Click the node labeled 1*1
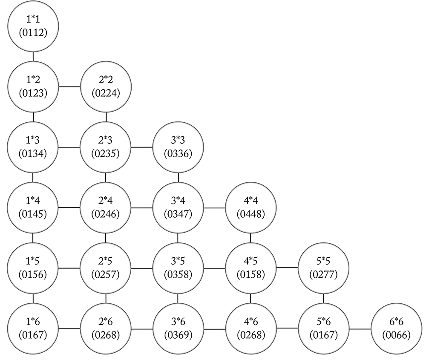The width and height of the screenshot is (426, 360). (x=33, y=26)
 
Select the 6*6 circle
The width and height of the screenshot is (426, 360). (x=396, y=329)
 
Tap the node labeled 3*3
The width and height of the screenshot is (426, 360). (x=178, y=147)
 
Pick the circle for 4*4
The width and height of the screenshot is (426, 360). (x=251, y=208)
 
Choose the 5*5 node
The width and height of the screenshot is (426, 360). (x=323, y=268)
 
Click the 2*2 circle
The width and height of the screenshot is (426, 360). (x=106, y=86)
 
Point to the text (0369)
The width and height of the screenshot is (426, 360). (x=178, y=335)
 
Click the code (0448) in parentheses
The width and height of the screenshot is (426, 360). (x=251, y=214)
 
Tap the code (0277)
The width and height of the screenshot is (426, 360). (x=323, y=274)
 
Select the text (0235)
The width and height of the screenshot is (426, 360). (x=105, y=154)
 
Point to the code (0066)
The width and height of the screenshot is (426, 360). (x=396, y=335)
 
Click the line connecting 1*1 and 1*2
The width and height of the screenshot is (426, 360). (x=33, y=57)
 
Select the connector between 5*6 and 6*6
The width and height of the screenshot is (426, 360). (x=360, y=329)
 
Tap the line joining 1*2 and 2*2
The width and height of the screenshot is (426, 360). (x=69, y=86)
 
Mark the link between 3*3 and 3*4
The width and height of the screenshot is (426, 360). (x=178, y=177)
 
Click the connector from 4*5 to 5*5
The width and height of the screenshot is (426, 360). (x=287, y=268)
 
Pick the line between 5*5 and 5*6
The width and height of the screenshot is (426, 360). (x=323, y=299)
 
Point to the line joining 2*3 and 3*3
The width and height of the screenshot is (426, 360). (x=142, y=147)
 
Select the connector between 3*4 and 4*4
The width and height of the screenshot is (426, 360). (x=214, y=208)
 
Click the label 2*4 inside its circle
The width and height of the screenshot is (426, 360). (x=105, y=201)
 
